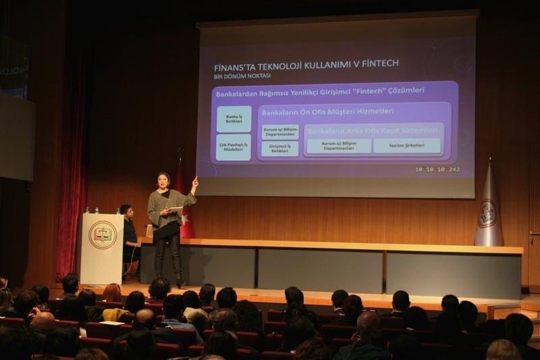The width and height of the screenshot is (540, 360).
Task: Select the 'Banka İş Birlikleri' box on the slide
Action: (x=234, y=118)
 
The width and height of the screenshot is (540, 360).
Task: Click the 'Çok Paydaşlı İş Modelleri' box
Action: (x=234, y=147)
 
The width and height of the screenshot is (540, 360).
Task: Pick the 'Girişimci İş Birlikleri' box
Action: (x=280, y=149)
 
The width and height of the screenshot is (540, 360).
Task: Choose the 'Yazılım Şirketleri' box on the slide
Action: (x=407, y=145)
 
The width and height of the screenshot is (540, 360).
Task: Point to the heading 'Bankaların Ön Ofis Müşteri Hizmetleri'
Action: (x=327, y=111)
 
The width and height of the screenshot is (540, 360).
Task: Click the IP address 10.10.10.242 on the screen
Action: (x=437, y=169)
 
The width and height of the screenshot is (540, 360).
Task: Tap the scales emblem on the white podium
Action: (x=103, y=235)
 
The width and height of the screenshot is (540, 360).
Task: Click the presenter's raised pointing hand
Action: (x=195, y=181)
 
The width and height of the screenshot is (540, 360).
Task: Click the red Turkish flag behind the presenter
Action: (x=184, y=203)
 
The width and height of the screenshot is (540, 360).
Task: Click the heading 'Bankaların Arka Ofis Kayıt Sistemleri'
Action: (x=373, y=130)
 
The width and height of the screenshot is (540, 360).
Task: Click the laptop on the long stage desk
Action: (x=149, y=231)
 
